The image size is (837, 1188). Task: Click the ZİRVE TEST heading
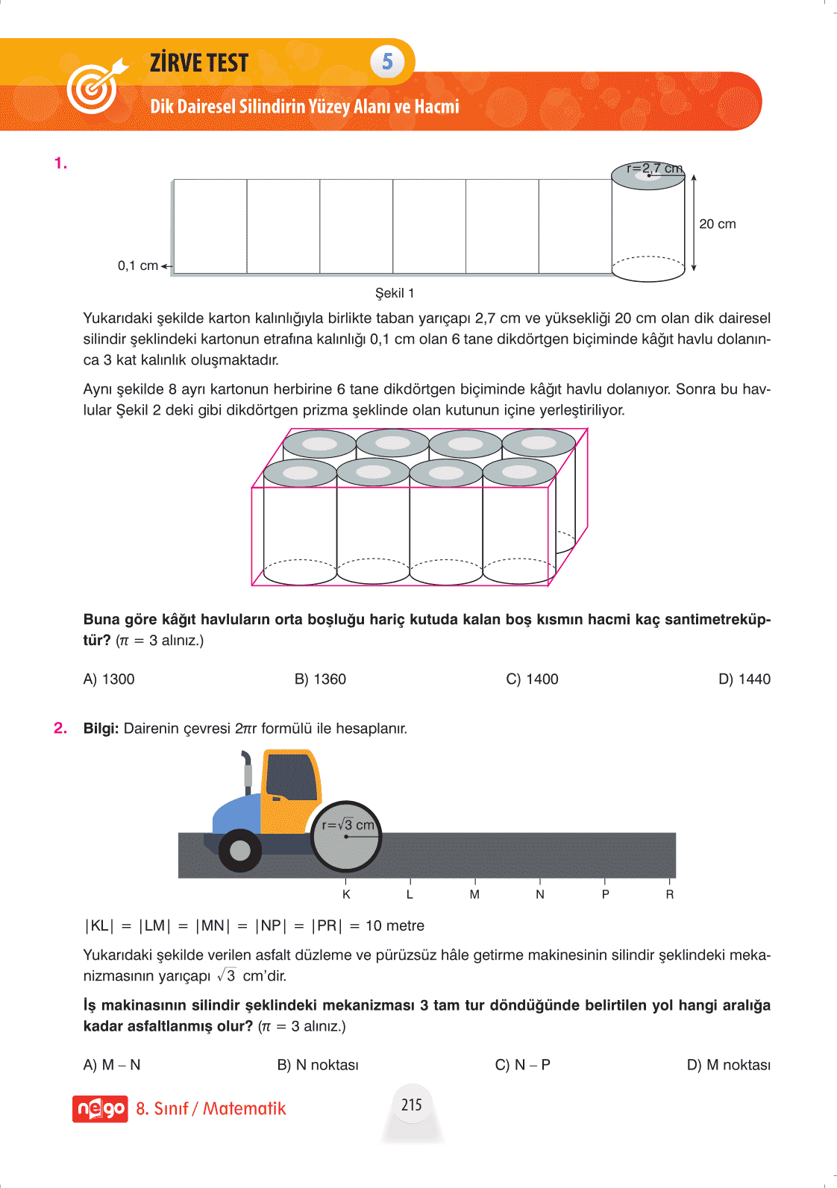pos(199,63)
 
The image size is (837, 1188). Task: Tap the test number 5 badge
pos(387,61)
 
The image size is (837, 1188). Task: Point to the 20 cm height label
pos(717,224)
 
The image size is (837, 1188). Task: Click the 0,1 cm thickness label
pos(138,265)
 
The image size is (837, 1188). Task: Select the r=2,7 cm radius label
pos(654,169)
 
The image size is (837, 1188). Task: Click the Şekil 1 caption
pos(395,293)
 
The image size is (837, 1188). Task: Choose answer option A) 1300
pos(109,679)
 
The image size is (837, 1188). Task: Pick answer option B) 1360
pos(320,679)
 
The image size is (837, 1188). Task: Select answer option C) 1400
pos(532,679)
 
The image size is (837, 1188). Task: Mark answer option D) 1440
pos(744,679)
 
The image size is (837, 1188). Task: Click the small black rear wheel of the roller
pos(240,849)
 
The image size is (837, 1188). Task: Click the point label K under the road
pos(346,894)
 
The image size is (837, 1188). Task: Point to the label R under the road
pos(670,894)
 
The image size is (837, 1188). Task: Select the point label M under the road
pos(474,894)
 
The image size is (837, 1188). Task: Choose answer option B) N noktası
pos(318,1064)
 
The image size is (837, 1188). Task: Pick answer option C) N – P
pos(522,1064)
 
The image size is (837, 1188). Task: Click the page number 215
pos(412,1104)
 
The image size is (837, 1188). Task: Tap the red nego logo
pos(100,1109)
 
